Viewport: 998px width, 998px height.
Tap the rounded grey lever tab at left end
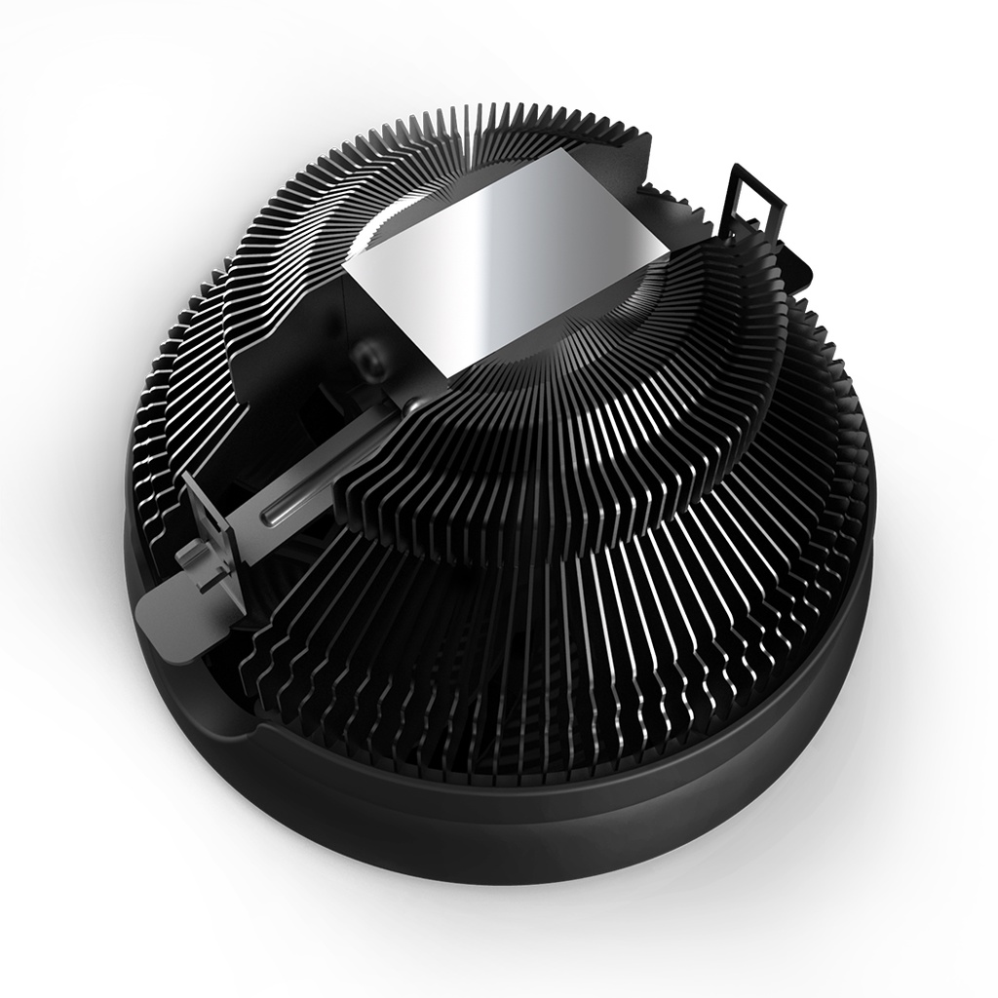pos(156,614)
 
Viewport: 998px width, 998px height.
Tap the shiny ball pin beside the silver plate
pos(414,401)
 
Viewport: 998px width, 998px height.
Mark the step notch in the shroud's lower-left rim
pos(249,726)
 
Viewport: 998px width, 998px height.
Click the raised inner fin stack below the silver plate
pos(546,468)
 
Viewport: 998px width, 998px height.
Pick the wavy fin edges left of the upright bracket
pos(161,409)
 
